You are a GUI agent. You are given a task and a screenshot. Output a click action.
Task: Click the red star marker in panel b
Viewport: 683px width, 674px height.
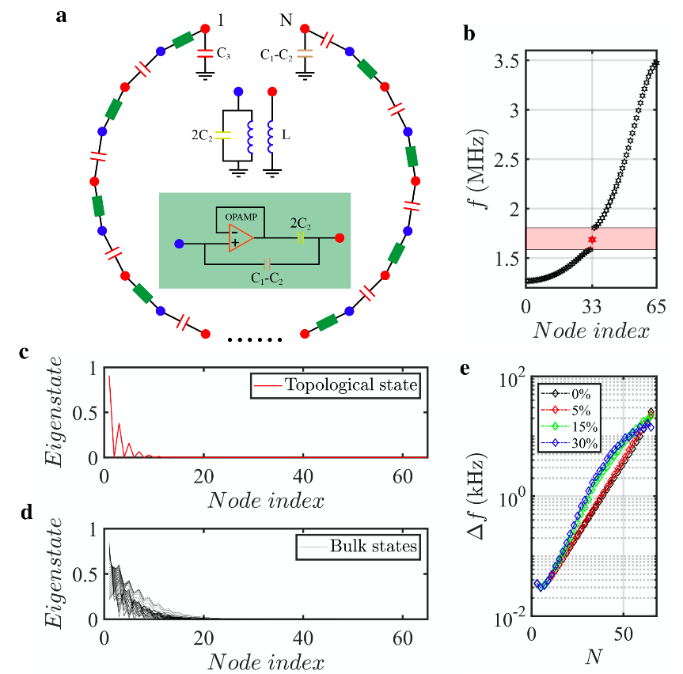(592, 239)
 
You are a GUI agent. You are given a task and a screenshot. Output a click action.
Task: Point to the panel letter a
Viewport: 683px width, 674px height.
(62, 14)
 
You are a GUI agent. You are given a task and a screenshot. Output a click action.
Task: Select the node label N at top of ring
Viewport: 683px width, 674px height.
(286, 17)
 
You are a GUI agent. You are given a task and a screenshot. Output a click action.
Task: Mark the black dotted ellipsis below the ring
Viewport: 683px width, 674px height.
(254, 341)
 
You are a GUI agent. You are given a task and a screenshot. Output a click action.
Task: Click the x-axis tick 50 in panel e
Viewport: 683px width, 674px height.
(624, 635)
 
